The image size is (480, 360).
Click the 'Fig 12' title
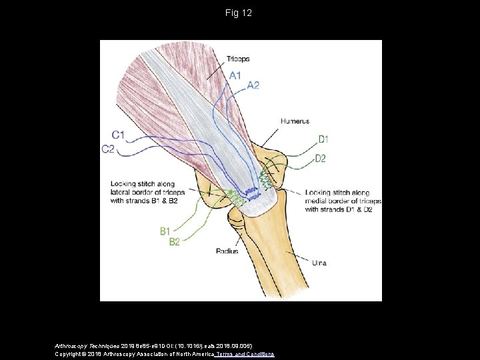pos(239,12)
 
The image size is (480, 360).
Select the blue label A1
pos(235,75)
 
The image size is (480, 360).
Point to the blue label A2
pos(253,85)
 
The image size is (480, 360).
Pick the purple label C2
pos(109,149)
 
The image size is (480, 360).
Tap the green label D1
pos(323,139)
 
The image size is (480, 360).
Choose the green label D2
pos(320,159)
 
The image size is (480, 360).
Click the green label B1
pos(167,231)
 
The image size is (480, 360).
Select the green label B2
pos(174,242)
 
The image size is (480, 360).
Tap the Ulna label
pos(319,263)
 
